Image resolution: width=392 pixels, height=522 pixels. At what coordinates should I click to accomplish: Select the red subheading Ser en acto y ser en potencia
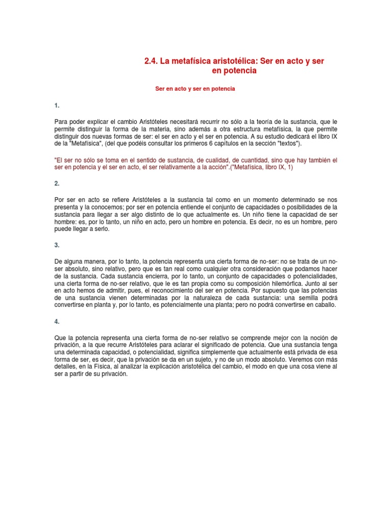pos(195,89)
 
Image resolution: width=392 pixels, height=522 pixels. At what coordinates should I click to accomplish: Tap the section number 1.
pos(57,106)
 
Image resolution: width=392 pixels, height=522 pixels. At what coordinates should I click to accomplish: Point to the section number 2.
pos(57,183)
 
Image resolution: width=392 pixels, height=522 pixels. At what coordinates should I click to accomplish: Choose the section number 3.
pos(57,245)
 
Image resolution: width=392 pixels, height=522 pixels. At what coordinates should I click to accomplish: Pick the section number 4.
pos(57,322)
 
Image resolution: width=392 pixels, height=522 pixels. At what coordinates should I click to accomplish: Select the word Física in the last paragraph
pos(102,367)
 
